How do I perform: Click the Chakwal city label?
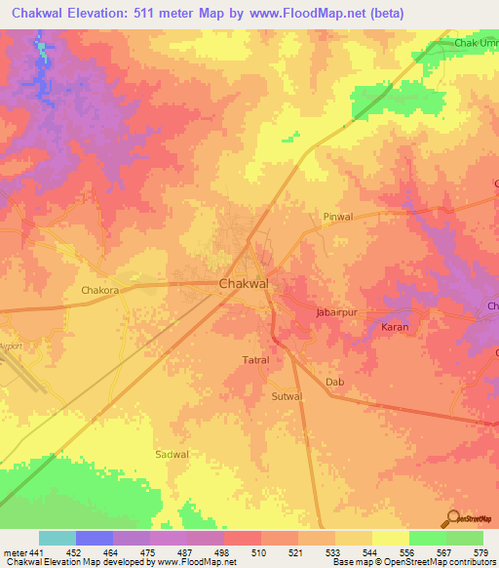(244, 283)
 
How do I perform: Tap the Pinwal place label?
(336, 217)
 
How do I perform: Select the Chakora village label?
(99, 290)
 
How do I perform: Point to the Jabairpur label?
(340, 311)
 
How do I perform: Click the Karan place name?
(394, 327)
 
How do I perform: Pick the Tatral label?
(255, 360)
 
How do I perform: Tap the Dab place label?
(335, 382)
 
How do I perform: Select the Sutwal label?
(288, 397)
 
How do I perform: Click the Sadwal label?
(172, 455)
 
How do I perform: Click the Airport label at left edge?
(11, 345)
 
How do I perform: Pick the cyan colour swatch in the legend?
(58, 538)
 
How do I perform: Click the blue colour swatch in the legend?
(95, 538)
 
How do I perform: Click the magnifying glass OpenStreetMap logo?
(453, 519)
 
